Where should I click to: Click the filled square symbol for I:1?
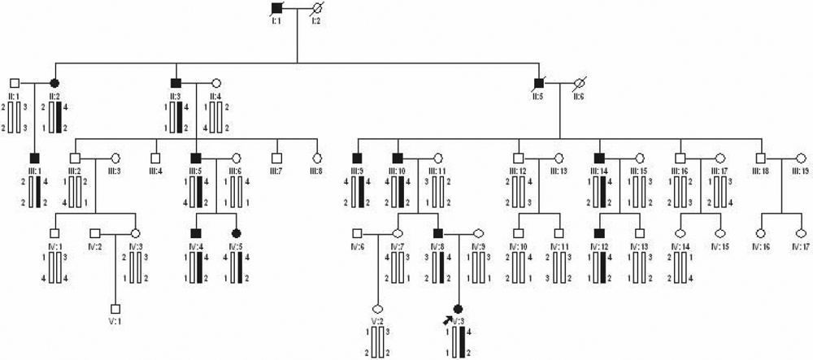click(x=276, y=8)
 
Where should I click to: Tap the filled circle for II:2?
click(x=55, y=83)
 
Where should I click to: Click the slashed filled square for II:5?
click(x=538, y=83)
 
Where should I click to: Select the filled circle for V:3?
click(x=458, y=309)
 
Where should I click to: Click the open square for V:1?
click(x=115, y=309)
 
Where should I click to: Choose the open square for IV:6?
click(x=356, y=233)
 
